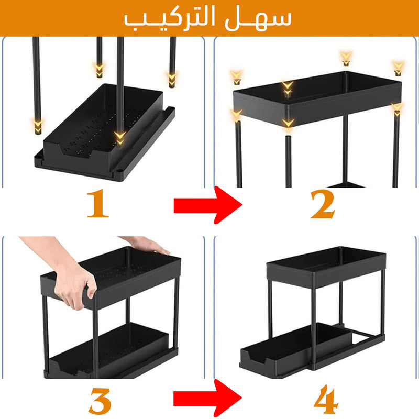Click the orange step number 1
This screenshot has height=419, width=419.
tap(98, 203)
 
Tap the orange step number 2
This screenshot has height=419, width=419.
tap(323, 204)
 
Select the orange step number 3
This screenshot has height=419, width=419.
tap(100, 401)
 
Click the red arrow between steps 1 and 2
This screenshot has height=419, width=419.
tap(208, 205)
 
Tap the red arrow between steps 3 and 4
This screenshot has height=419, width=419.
tap(208, 398)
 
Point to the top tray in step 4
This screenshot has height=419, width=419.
tap(326, 267)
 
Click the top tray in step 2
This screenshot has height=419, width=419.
tap(317, 97)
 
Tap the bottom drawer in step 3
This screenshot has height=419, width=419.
tap(109, 350)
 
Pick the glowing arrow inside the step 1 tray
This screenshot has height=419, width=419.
tap(120, 138)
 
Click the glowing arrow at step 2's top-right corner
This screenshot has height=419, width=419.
tap(398, 68)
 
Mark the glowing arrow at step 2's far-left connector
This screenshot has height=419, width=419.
tap(237, 78)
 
